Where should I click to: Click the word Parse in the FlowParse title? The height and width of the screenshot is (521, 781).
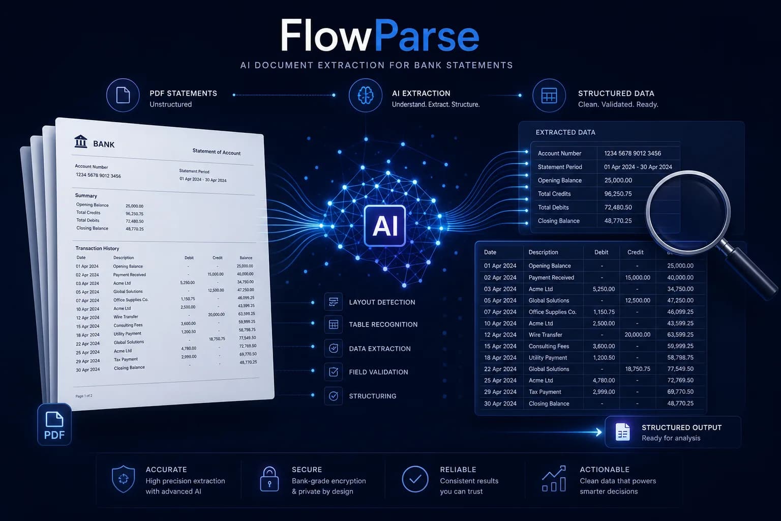(x=427, y=36)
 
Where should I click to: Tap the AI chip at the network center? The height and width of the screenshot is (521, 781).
(x=384, y=225)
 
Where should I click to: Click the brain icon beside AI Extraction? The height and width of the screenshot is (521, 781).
(x=366, y=95)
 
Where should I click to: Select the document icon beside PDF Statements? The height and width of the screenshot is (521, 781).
(x=123, y=95)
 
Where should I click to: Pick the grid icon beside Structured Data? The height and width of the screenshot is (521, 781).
(x=549, y=96)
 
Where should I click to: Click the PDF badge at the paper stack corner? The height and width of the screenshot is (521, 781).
(x=54, y=424)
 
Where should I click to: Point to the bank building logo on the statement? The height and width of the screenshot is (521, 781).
(x=80, y=141)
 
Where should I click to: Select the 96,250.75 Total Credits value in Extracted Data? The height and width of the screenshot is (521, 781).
(x=618, y=194)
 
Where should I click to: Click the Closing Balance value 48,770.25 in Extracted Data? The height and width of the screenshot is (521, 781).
(x=618, y=221)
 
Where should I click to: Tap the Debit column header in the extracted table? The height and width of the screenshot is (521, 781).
(x=601, y=252)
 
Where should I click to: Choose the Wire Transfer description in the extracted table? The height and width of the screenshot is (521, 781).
(x=545, y=335)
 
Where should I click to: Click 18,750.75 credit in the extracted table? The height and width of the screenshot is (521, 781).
(x=638, y=369)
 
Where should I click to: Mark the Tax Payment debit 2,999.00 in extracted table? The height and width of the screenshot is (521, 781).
(x=604, y=392)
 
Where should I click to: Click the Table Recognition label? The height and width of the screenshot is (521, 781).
(x=383, y=325)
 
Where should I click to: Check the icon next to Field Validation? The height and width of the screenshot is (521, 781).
(x=334, y=372)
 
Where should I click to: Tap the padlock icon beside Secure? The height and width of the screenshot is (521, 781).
(x=269, y=479)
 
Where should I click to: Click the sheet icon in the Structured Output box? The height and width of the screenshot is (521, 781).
(x=623, y=432)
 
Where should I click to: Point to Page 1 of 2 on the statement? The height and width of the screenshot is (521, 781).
(x=84, y=396)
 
